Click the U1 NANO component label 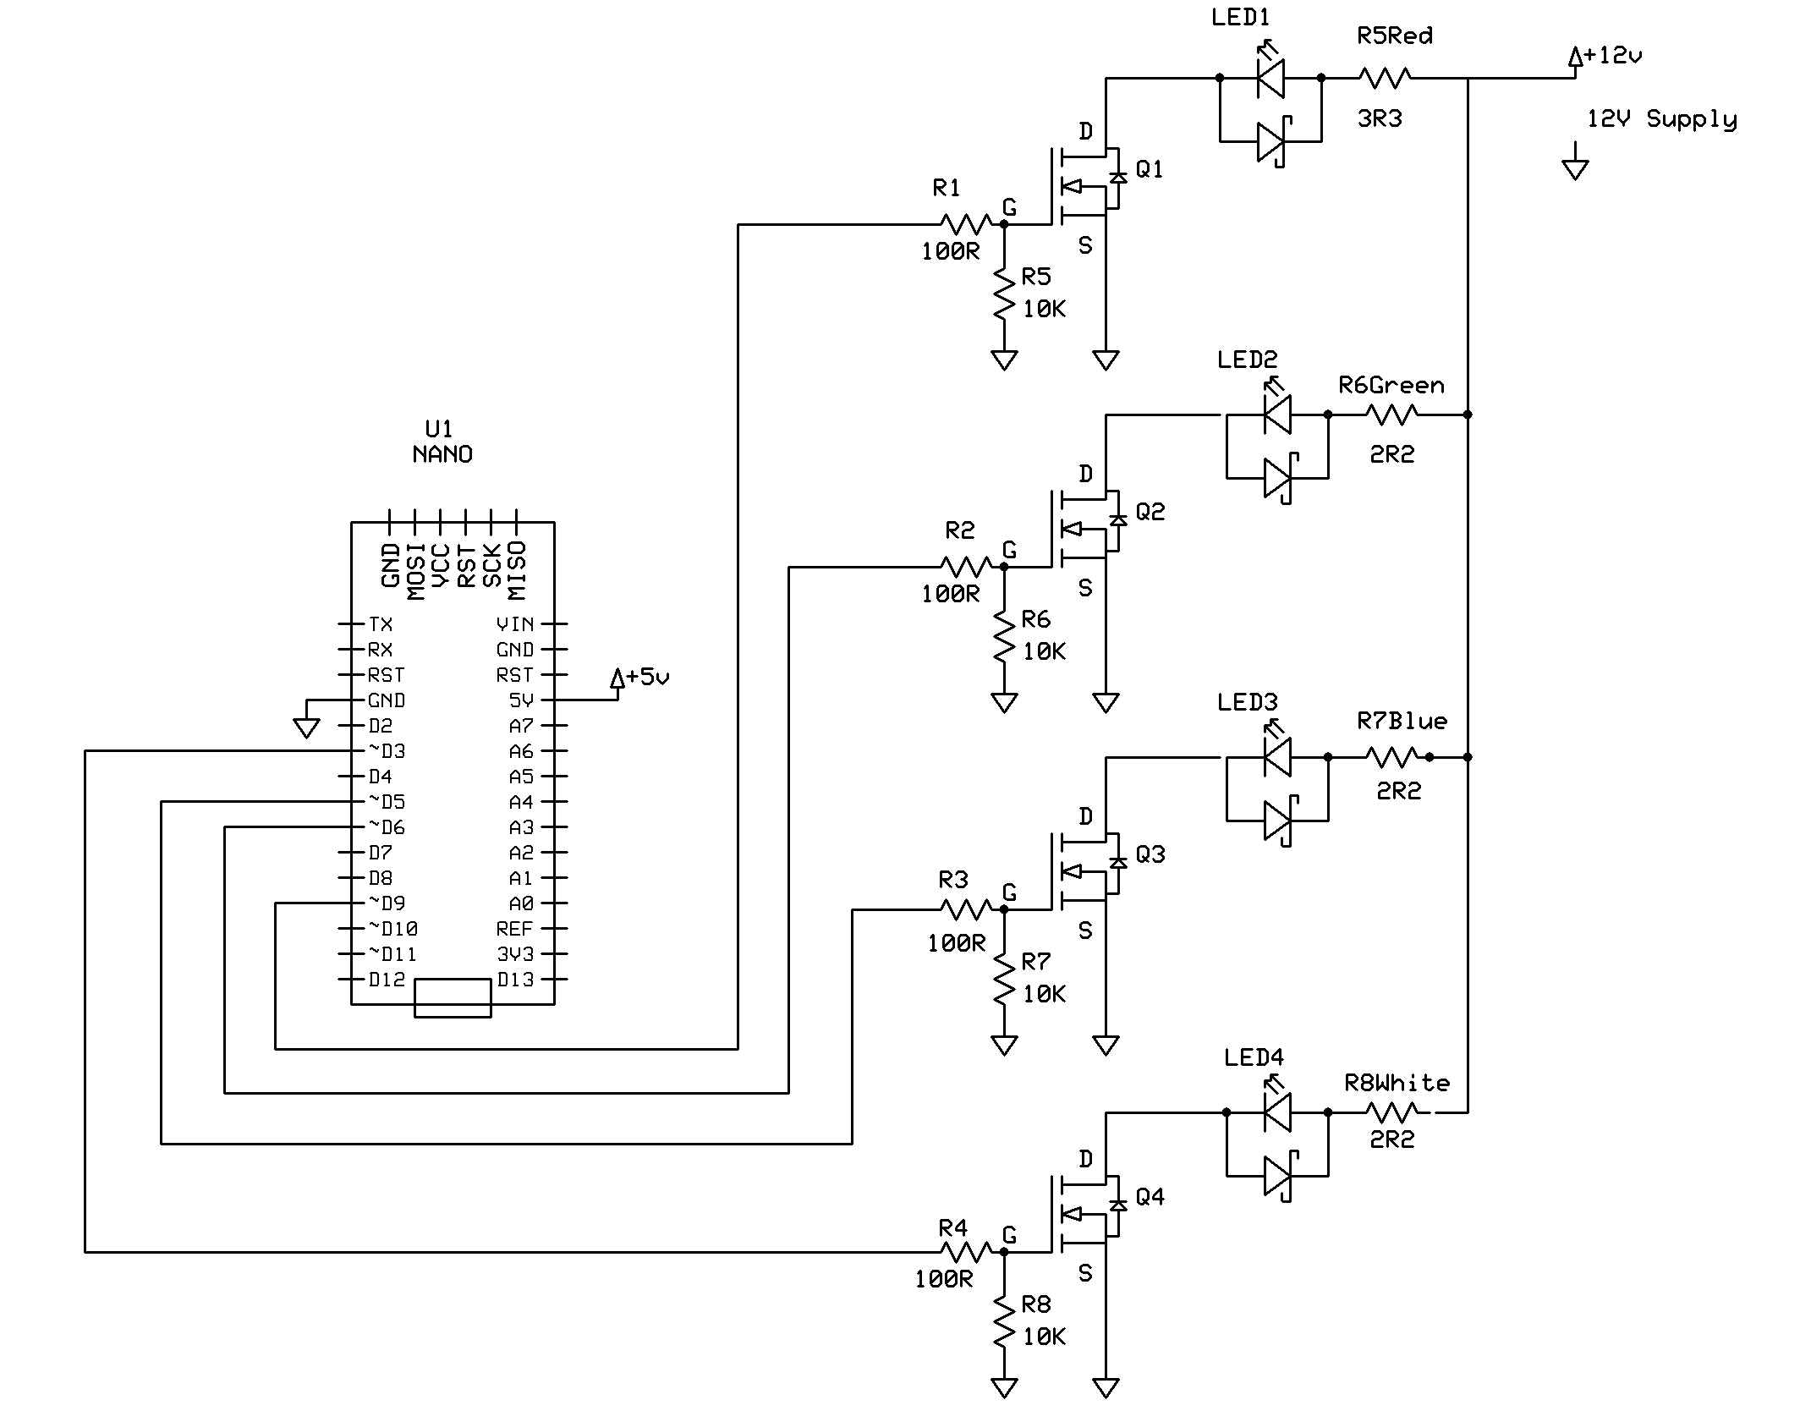coord(442,442)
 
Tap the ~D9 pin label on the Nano coord(387,903)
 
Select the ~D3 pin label coord(387,751)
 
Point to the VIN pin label coord(515,624)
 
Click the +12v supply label coord(1611,56)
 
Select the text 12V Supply coord(1661,119)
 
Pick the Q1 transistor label coord(1150,170)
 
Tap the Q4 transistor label coord(1150,1197)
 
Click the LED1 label coord(1240,18)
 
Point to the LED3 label coord(1247,702)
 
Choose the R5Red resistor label coord(1394,36)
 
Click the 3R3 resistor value coord(1380,119)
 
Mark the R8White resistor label coord(1397,1083)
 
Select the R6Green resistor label coord(1391,386)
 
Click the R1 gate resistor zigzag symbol coord(966,224)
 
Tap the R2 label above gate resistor coord(959,530)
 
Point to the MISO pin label coord(517,568)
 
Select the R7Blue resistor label coord(1402,721)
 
